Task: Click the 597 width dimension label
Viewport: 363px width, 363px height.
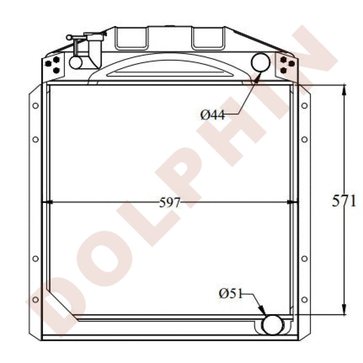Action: tap(170, 203)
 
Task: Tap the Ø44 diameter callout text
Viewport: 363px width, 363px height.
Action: tap(212, 115)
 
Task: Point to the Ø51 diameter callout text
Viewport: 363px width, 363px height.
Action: tap(231, 294)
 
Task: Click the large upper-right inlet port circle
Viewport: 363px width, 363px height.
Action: tap(261, 62)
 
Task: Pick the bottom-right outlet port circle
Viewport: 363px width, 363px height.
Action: tap(273, 325)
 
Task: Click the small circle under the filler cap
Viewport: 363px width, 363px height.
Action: tap(76, 62)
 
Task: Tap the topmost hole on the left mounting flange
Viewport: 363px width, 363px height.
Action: tap(36, 106)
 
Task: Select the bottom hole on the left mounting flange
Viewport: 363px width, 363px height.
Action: tap(36, 300)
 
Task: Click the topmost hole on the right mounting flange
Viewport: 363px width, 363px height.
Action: tap(305, 106)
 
